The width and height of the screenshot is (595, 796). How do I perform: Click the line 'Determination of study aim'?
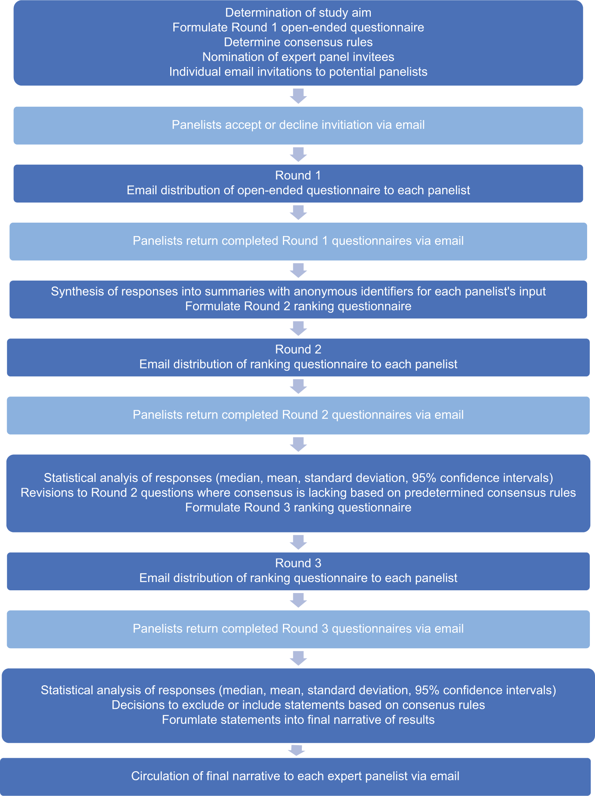click(298, 13)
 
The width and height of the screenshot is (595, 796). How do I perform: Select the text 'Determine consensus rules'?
click(298, 42)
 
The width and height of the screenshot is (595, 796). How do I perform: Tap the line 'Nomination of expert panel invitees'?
click(298, 57)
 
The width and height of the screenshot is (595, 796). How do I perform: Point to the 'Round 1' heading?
click(298, 175)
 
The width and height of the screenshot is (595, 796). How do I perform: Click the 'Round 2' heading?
click(298, 349)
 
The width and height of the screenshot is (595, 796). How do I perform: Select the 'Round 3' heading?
click(298, 563)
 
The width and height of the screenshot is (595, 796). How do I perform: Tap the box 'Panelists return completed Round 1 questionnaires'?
click(298, 242)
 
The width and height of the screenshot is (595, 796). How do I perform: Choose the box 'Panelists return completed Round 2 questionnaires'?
click(298, 415)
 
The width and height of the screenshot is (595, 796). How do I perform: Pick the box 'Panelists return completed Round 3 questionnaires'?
click(298, 629)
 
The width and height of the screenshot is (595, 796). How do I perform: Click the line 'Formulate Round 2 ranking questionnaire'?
click(298, 306)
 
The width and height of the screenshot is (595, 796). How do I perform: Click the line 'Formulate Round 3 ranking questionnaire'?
click(298, 507)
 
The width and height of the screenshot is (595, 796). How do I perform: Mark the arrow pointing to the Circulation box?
click(297, 750)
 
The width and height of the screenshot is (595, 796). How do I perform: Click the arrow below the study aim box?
click(298, 96)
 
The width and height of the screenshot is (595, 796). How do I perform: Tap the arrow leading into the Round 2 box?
click(298, 328)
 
